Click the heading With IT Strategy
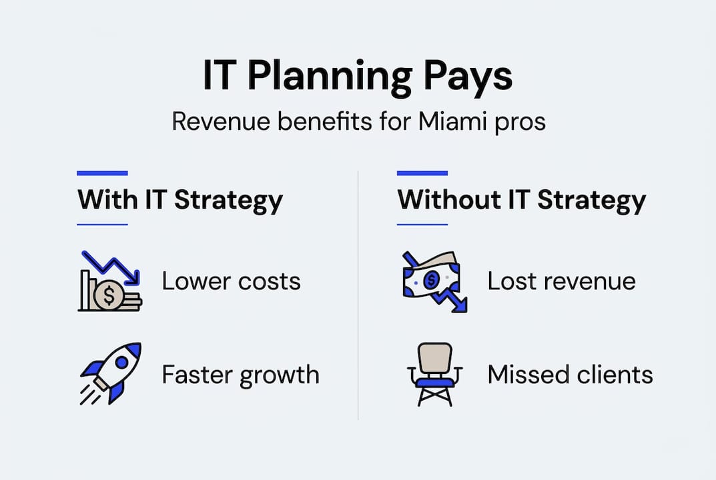180,200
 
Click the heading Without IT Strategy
521,200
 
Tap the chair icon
431,374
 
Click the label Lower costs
231,281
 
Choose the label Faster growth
240,375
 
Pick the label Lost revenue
561,281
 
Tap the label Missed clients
570,375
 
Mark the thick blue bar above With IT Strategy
102,173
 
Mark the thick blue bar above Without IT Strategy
422,173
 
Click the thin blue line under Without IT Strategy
422,225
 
